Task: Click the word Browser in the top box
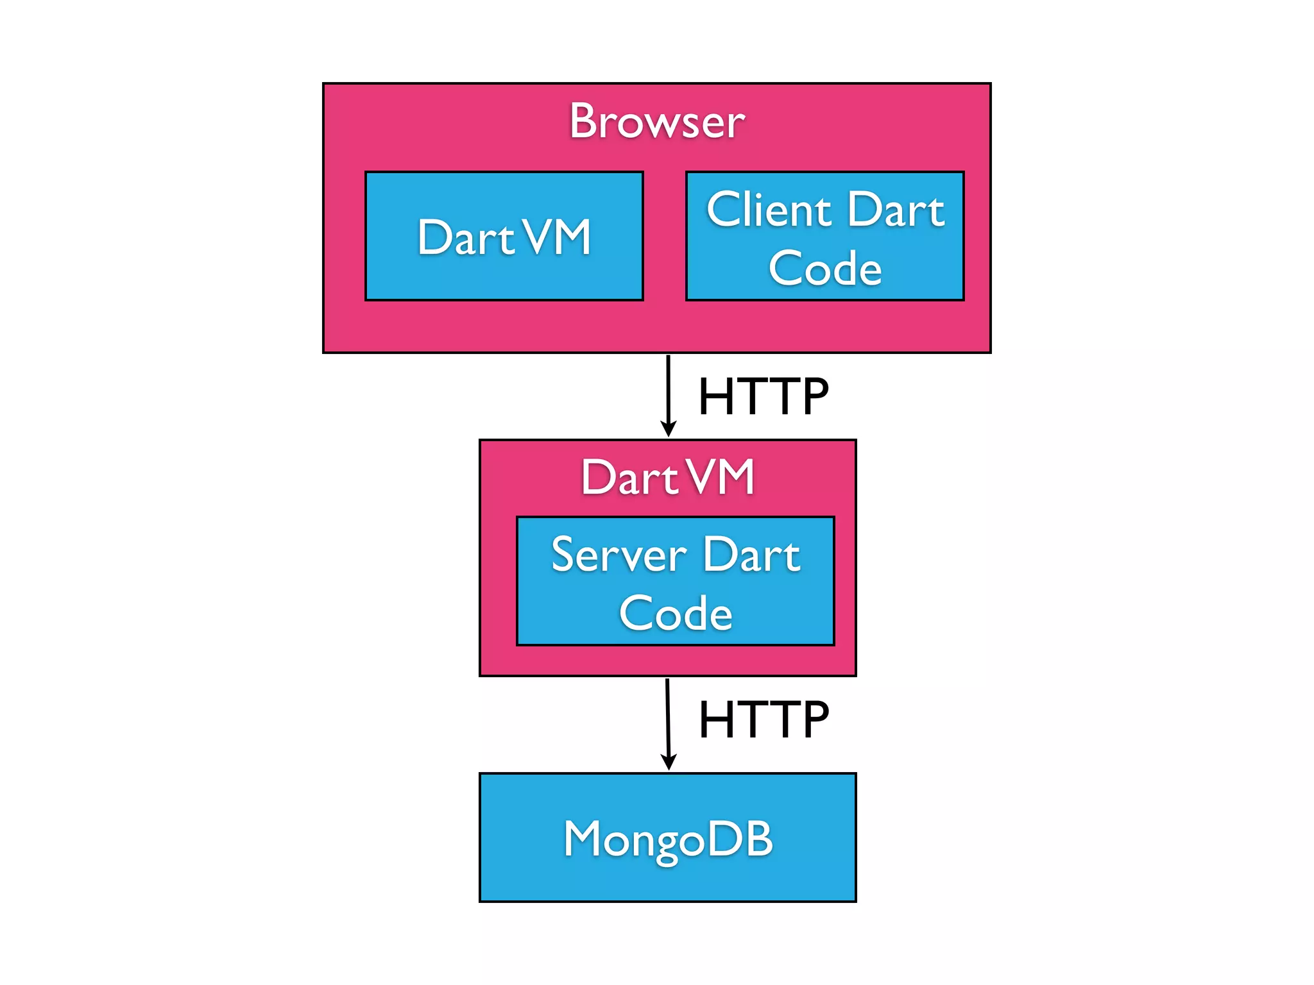click(x=657, y=121)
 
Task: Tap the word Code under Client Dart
click(x=825, y=268)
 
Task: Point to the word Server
click(x=619, y=555)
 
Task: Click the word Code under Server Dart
click(x=675, y=613)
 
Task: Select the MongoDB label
click(x=668, y=839)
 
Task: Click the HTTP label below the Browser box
click(x=763, y=396)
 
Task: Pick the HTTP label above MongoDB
click(x=763, y=719)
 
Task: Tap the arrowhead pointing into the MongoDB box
click(x=669, y=762)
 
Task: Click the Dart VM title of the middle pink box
click(x=667, y=477)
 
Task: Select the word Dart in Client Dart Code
click(x=896, y=210)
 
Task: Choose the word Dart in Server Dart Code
click(x=751, y=555)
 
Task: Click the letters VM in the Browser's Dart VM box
click(x=557, y=237)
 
